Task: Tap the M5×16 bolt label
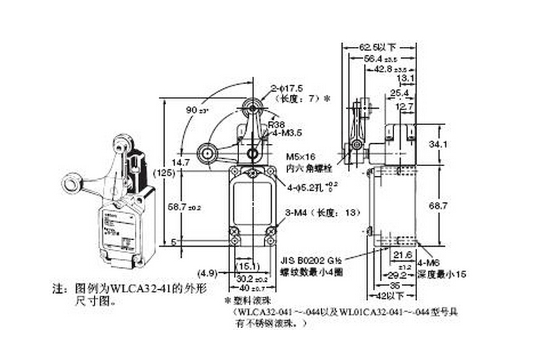pos(300,157)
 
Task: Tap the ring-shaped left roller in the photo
pos(70,182)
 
